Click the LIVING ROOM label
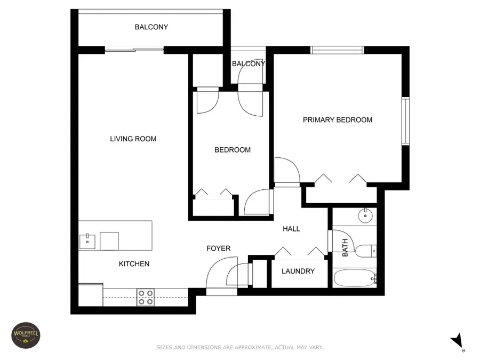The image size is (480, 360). [x=133, y=139]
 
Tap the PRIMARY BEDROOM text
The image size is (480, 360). [x=337, y=120]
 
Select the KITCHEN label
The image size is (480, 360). [x=134, y=263]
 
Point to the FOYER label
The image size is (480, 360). [x=219, y=249]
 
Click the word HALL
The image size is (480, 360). [x=291, y=229]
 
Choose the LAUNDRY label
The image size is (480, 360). [x=298, y=271]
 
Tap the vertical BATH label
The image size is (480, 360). [x=345, y=247]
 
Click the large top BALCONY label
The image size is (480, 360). [x=151, y=27]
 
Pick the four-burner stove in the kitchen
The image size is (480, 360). [x=146, y=297]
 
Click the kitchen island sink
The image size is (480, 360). [x=87, y=241]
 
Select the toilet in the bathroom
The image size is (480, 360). [x=366, y=250]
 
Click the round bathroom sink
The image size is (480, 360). [x=366, y=217]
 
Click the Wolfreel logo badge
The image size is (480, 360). [x=26, y=335]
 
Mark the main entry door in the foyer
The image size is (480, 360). [x=221, y=275]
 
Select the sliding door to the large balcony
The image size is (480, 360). [x=134, y=50]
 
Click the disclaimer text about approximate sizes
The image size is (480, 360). [x=239, y=347]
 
